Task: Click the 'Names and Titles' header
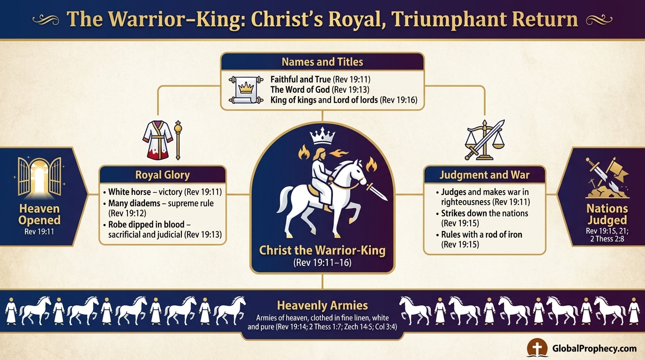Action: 322,62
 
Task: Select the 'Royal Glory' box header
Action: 162,175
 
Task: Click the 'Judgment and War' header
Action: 484,175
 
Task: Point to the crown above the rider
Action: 323,137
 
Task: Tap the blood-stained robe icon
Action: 156,139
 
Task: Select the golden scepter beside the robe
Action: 178,139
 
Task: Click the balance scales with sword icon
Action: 484,140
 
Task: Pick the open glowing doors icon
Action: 39,176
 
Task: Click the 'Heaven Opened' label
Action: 39,215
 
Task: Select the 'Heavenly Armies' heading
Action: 322,306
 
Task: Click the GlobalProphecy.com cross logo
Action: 537,348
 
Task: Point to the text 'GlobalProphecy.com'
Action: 594,348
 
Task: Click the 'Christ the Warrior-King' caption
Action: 322,250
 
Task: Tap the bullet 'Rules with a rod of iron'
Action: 481,235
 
